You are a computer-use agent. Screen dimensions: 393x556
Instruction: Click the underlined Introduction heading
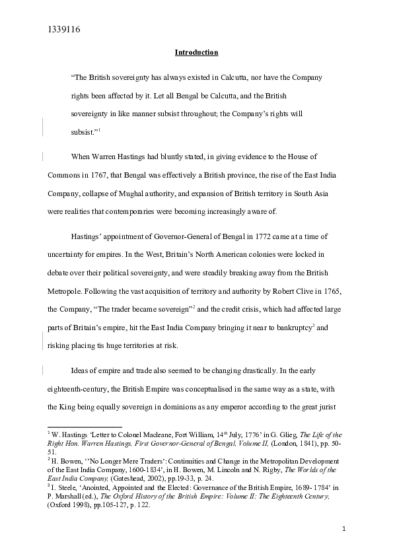coord(196,52)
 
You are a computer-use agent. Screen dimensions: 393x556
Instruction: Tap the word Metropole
coord(67,291)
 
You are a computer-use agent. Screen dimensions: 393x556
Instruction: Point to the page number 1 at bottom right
coord(344,530)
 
